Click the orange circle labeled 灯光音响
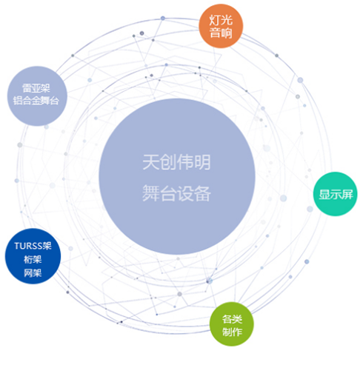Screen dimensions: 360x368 pyautogui.click(x=221, y=26)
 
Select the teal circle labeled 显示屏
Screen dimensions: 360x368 pyautogui.click(x=336, y=194)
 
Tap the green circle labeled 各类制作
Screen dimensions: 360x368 pyautogui.click(x=232, y=324)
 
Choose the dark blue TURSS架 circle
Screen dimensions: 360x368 pyautogui.click(x=33, y=256)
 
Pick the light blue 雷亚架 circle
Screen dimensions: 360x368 pyautogui.click(x=37, y=96)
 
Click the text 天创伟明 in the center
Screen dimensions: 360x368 pyautogui.click(x=176, y=162)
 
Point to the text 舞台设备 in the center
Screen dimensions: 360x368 pyautogui.click(x=176, y=193)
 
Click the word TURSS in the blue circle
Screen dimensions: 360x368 pyautogui.click(x=28, y=246)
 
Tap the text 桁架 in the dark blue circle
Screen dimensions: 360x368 pyautogui.click(x=33, y=259)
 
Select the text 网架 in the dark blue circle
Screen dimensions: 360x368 pyautogui.click(x=33, y=273)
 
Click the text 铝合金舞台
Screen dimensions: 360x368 pyautogui.click(x=36, y=101)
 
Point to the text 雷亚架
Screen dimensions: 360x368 pyautogui.click(x=36, y=88)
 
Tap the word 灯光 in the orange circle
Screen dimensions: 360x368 pyautogui.click(x=221, y=20)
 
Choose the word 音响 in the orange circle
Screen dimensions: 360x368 pyautogui.click(x=221, y=33)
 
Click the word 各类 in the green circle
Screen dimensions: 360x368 pyautogui.click(x=232, y=319)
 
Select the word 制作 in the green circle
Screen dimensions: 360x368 pyautogui.click(x=232, y=332)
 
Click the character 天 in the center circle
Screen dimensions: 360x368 pyautogui.click(x=150, y=162)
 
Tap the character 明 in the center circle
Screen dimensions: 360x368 pyautogui.click(x=202, y=162)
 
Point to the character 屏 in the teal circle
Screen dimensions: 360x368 pyautogui.click(x=347, y=195)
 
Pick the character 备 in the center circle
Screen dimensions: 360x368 pyautogui.click(x=202, y=193)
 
